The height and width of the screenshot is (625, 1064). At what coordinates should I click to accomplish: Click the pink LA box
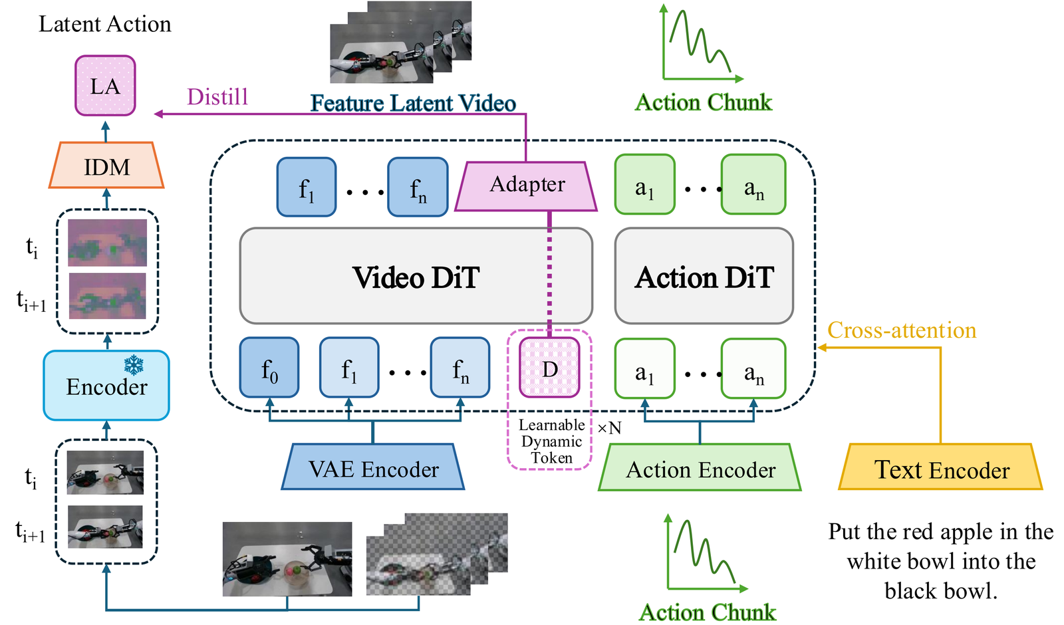106,86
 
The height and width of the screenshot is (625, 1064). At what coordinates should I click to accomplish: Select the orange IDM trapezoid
106,166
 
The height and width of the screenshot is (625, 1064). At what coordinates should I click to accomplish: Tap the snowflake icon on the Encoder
134,364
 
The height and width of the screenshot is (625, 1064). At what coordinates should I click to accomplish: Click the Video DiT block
416,276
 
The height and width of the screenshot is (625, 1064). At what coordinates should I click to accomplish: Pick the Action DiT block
704,276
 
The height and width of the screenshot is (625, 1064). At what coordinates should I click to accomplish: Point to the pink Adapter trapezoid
526,186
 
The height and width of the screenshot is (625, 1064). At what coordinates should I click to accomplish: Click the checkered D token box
549,368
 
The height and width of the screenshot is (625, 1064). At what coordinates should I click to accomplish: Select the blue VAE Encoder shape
373,466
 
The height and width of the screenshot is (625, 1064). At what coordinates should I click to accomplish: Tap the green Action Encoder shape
700,467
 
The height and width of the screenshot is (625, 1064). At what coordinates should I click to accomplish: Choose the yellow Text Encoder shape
940,466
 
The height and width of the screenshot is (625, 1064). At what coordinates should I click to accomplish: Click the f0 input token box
269,368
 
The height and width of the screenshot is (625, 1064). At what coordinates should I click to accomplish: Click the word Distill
217,97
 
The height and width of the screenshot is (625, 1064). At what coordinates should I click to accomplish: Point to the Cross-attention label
902,330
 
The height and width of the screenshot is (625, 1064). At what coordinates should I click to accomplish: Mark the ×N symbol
609,428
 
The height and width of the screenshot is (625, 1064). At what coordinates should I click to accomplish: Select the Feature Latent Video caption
413,103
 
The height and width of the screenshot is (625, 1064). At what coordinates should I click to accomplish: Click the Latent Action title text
105,24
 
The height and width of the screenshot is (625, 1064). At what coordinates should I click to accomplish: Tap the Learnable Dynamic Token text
551,441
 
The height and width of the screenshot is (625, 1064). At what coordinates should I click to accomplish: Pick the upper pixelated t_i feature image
107,242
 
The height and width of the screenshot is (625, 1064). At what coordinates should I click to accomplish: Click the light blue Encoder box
106,385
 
